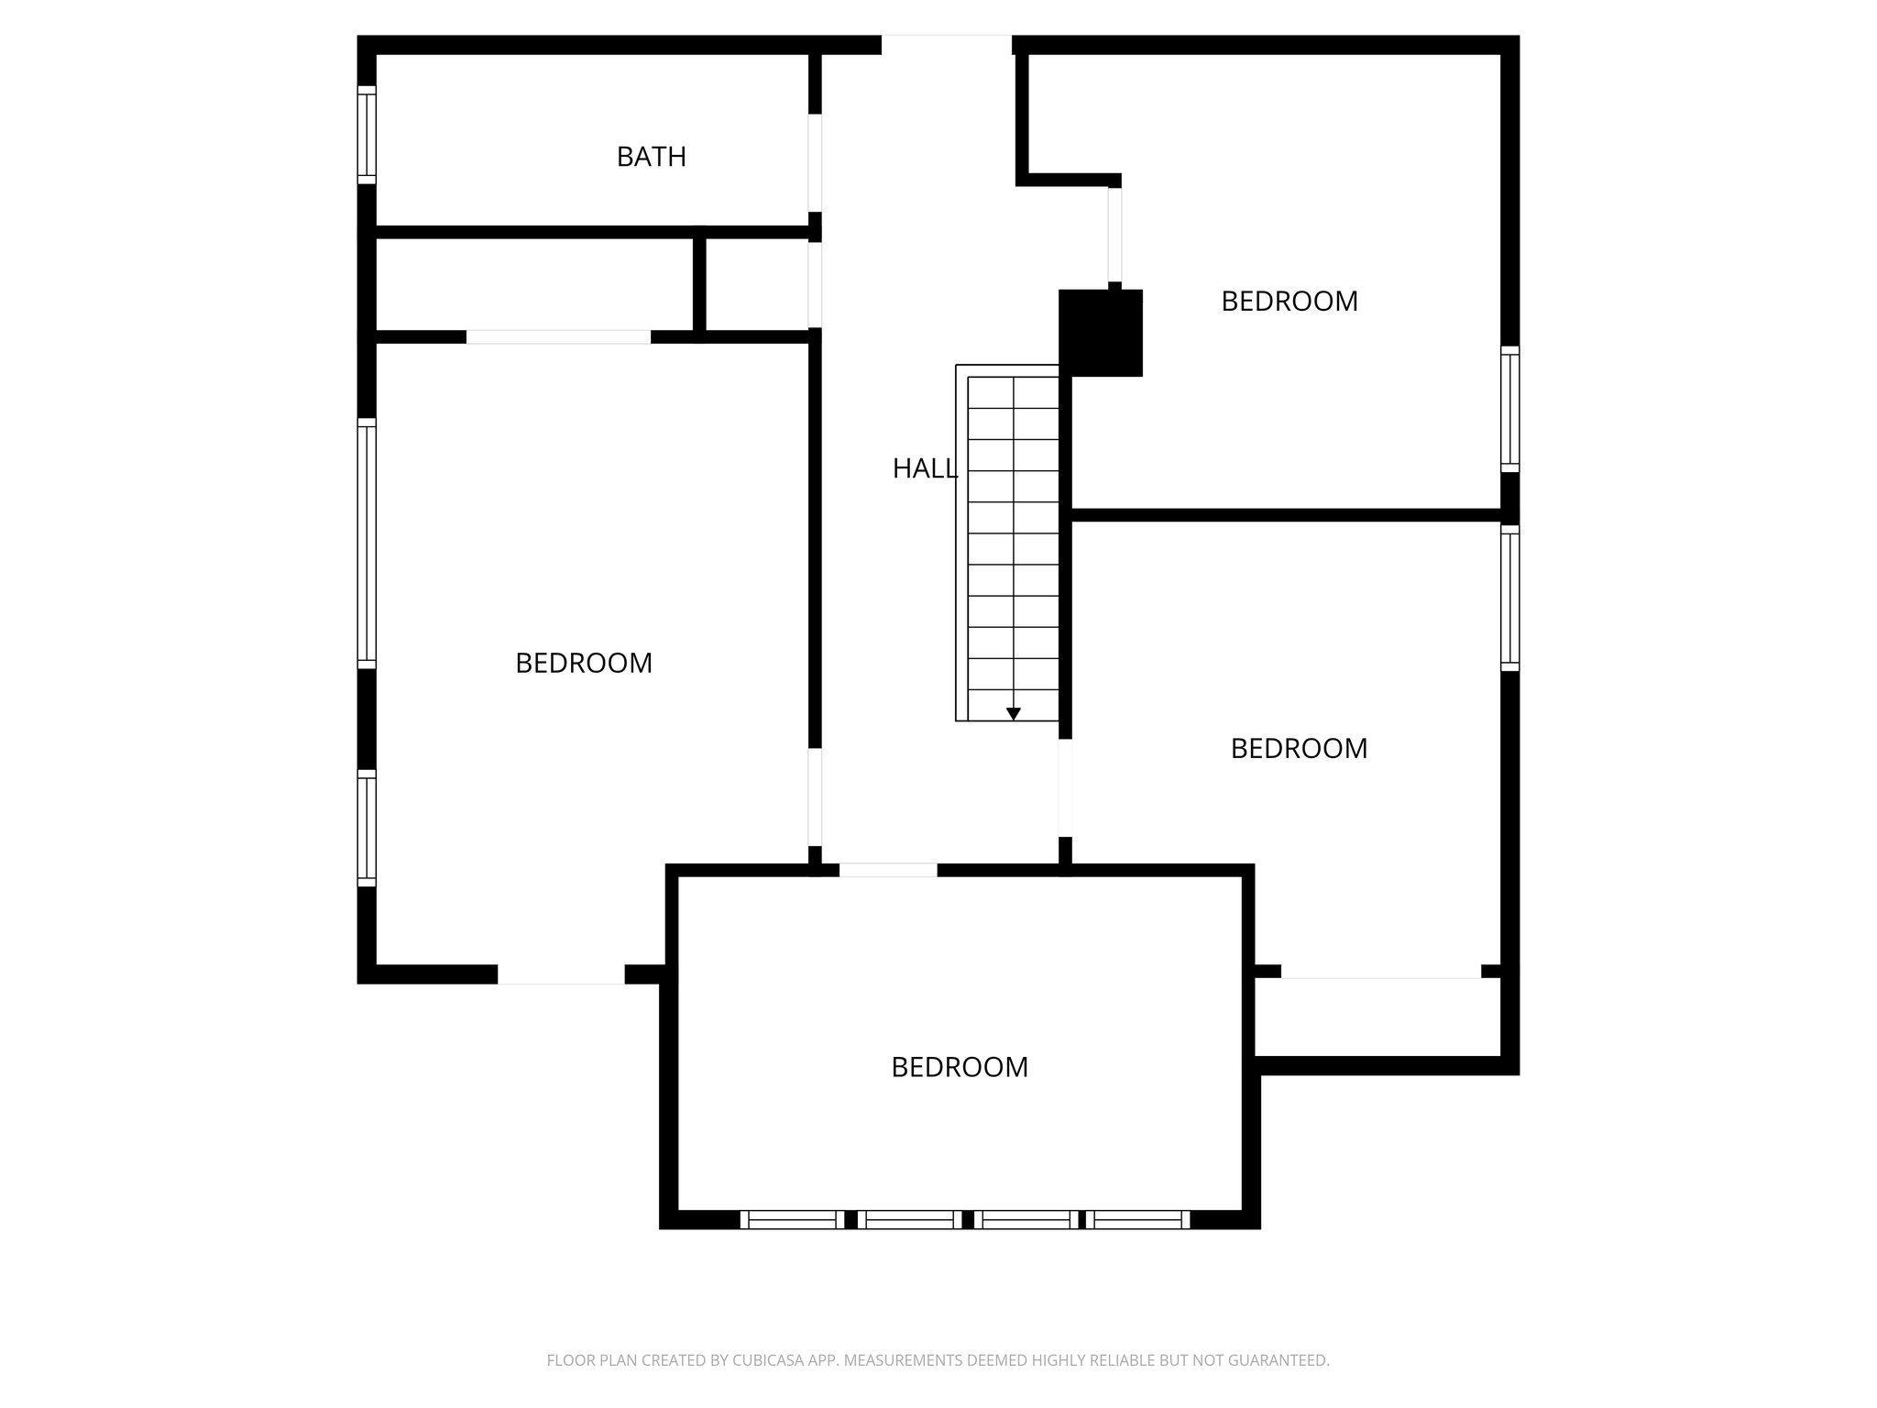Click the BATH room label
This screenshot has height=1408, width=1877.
coord(651,157)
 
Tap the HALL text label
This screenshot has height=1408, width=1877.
coord(924,468)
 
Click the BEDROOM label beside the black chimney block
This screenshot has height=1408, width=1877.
coord(1289,301)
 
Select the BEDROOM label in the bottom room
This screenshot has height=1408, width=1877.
coord(959,1067)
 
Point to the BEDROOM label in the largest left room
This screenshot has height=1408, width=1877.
coord(583,663)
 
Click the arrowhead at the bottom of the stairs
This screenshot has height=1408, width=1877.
coord(1013,713)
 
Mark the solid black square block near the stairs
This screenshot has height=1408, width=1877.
coord(1101,333)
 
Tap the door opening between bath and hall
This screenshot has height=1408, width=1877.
coord(815,162)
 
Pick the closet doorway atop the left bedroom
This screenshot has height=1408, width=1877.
coord(558,336)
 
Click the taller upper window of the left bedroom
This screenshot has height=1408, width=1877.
coord(367,544)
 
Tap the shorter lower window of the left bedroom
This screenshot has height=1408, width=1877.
coord(367,829)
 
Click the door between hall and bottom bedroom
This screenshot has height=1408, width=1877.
coord(888,870)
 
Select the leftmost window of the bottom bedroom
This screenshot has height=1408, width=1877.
coord(792,1219)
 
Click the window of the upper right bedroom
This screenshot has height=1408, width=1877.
coord(1509,409)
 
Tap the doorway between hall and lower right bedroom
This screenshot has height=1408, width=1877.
coord(1065,788)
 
